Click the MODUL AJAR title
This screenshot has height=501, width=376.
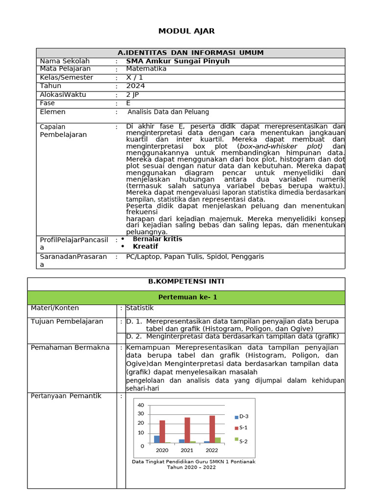(x=186, y=31)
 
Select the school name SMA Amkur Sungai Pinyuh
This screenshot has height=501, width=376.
(x=178, y=61)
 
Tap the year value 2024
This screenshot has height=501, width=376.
(x=136, y=86)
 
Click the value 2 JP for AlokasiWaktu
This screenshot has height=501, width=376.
(x=133, y=95)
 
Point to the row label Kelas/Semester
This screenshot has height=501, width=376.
(x=67, y=78)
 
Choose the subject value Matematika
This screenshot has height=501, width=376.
(x=146, y=69)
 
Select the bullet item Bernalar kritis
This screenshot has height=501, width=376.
(x=157, y=239)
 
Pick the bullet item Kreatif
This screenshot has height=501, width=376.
(x=145, y=247)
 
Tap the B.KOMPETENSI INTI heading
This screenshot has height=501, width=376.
(x=186, y=282)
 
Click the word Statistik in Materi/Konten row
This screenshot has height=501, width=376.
(x=140, y=308)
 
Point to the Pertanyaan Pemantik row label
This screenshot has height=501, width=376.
(x=66, y=396)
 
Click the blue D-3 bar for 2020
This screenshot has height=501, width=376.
(x=157, y=439)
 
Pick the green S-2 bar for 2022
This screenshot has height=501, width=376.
(x=218, y=440)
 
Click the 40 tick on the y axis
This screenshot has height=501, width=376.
(x=141, y=406)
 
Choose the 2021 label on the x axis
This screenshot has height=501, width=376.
(x=187, y=450)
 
